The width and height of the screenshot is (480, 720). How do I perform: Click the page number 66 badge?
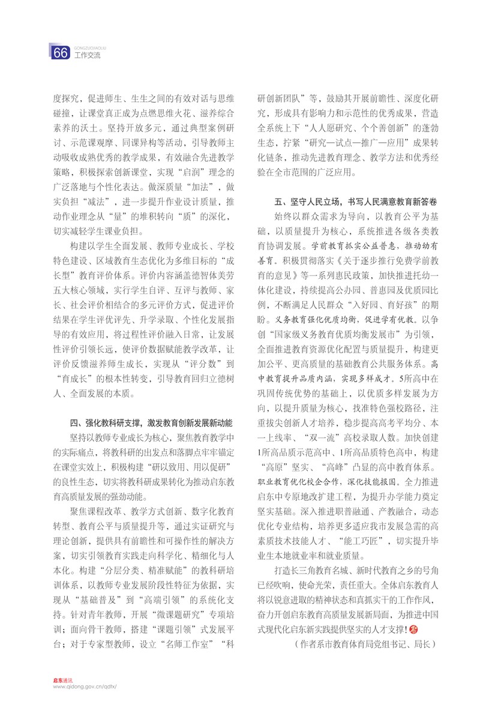pos(60,53)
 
